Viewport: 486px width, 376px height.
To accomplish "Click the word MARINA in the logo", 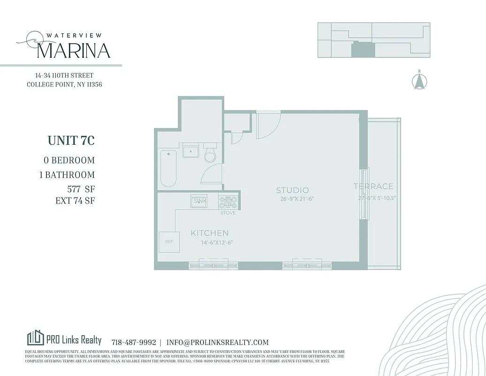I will tap(73, 50).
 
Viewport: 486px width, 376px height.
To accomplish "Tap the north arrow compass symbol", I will tap(419, 81).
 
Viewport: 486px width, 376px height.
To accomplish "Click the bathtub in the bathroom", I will tap(168, 168).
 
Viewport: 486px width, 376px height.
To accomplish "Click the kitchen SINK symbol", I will tap(199, 202).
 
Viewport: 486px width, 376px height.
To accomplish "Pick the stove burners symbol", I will tap(228, 202).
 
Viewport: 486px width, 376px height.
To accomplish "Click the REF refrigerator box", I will tap(169, 242).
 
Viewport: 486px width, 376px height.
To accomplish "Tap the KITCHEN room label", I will tap(210, 233).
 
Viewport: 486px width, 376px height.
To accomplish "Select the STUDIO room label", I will tap(292, 190).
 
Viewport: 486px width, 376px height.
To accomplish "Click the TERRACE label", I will tap(374, 187).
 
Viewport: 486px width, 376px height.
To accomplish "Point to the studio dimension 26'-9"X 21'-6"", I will tap(294, 199).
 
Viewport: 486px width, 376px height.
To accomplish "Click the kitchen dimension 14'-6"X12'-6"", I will tap(213, 243).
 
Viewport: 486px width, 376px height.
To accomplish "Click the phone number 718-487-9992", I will tap(134, 343).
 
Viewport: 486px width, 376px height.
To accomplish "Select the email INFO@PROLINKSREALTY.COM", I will tap(218, 343).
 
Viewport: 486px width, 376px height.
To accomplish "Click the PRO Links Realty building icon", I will tap(36, 338).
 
